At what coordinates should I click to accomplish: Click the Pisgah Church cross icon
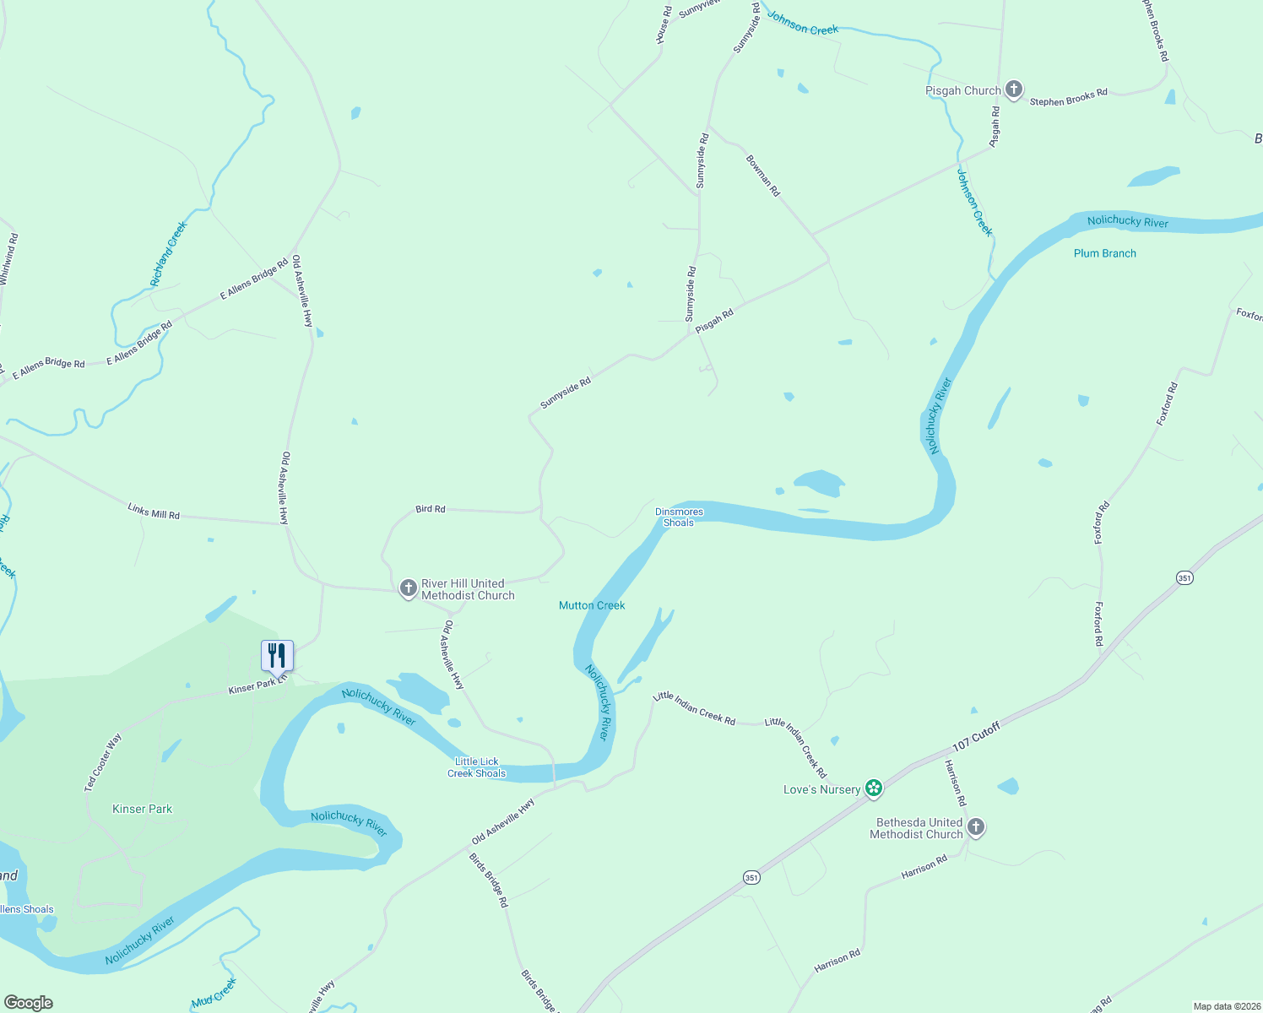coord(1014,89)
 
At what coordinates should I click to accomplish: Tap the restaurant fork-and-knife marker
coord(277,655)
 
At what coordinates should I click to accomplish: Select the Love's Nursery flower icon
coord(874,789)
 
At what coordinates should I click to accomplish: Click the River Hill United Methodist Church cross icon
coord(408,588)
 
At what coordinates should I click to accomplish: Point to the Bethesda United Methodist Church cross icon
coord(976,827)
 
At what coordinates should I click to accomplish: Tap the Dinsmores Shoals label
coord(679,517)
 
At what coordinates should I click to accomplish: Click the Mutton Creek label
coord(592,605)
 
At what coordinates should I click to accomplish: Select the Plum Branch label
coord(1104,253)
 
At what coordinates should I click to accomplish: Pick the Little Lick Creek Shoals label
coord(476,767)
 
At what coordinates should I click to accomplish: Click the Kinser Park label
coord(142,809)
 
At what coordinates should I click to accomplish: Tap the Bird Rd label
coord(430,509)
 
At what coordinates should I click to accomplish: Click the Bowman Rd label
coord(762,176)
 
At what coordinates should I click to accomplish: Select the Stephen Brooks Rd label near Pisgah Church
coord(1068,98)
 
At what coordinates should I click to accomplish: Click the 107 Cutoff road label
coord(975,737)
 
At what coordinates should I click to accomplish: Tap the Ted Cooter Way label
coord(103,762)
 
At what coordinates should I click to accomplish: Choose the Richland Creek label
coord(168,253)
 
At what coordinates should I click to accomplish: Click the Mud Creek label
coord(214,994)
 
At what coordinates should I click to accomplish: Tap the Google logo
coord(28,1003)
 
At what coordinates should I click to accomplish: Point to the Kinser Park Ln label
coord(257,684)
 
